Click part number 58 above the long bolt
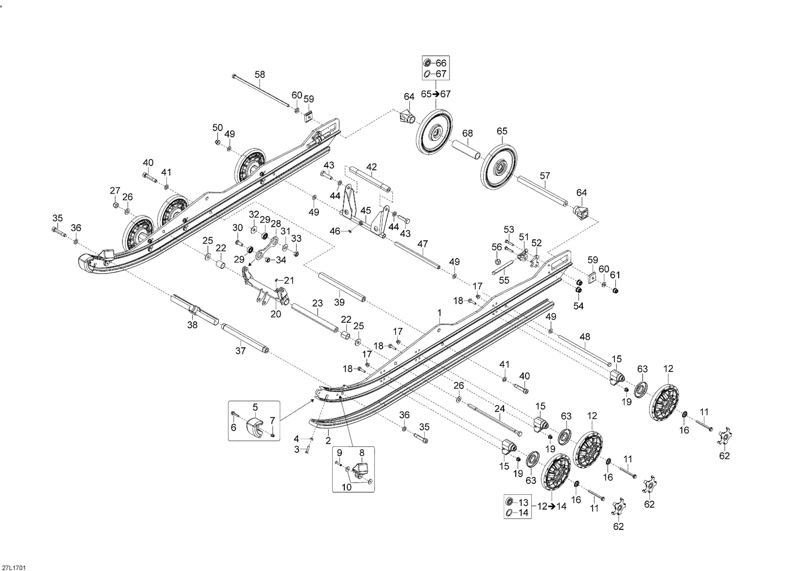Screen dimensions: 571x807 click(x=260, y=75)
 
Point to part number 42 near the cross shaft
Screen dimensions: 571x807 click(x=371, y=167)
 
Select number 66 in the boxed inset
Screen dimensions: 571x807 click(x=441, y=63)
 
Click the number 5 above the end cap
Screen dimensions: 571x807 click(x=255, y=407)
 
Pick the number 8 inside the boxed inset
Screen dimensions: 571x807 click(x=362, y=453)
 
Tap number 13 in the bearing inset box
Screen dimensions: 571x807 click(x=523, y=502)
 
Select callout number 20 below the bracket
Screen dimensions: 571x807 click(x=276, y=314)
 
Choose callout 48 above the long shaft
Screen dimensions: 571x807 click(x=585, y=337)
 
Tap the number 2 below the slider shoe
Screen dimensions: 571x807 click(x=328, y=441)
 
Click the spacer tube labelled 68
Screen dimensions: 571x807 click(x=466, y=150)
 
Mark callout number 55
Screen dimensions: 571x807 click(x=504, y=281)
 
